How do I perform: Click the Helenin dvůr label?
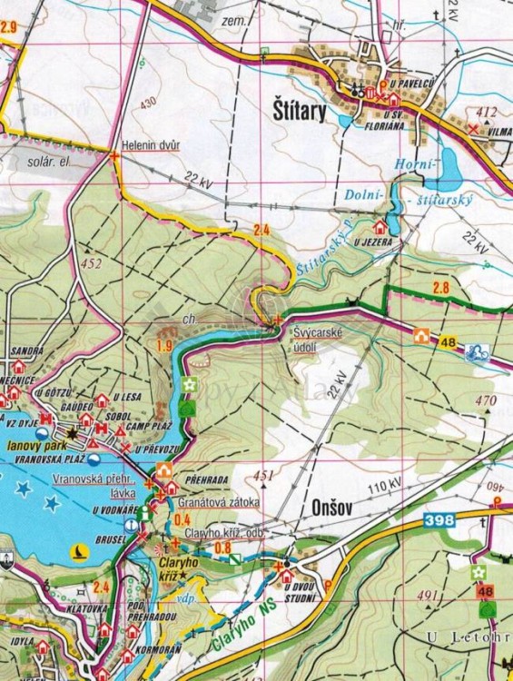(x=151, y=145)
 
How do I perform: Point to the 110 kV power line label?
(x=384, y=490)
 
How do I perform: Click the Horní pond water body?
(x=448, y=166)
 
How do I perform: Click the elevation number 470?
(x=486, y=400)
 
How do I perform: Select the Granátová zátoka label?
(x=220, y=501)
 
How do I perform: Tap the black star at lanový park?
(x=72, y=434)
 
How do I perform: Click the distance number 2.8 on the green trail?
(x=440, y=289)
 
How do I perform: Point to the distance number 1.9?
(x=165, y=345)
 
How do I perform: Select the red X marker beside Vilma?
(x=472, y=129)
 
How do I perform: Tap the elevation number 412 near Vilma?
(x=487, y=113)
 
